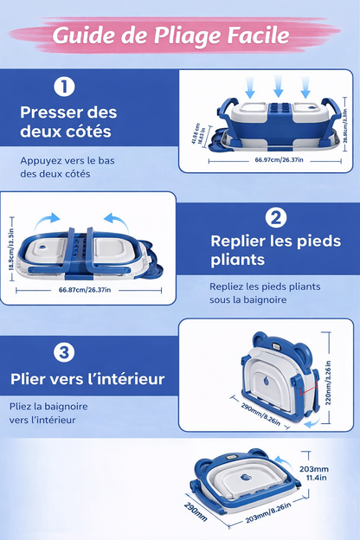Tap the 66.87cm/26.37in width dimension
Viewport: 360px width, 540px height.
(84, 289)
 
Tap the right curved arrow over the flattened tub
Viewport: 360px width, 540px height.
(115, 220)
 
